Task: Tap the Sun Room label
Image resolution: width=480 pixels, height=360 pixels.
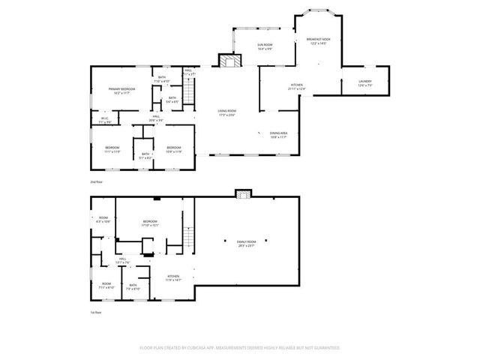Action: tap(264, 47)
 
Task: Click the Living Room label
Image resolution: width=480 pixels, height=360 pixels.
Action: tap(226, 114)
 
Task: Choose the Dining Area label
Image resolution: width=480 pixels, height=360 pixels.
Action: tap(279, 135)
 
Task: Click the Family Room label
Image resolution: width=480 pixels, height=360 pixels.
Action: tap(245, 243)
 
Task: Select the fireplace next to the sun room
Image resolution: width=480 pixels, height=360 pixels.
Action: tap(229, 61)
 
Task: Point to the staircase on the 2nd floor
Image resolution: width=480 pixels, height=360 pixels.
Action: tap(189, 92)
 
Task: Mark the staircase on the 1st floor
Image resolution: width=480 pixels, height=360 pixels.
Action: tap(189, 239)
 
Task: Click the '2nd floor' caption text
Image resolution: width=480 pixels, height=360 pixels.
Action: tap(95, 182)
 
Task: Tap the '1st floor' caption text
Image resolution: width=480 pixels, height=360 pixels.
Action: tap(95, 313)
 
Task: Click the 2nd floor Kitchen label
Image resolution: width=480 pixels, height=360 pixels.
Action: tap(296, 87)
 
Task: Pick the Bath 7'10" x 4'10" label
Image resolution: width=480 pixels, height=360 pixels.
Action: tap(162, 79)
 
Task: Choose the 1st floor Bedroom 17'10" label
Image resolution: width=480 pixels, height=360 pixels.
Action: tap(150, 223)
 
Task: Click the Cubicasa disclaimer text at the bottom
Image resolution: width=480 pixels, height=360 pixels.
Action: tap(240, 348)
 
